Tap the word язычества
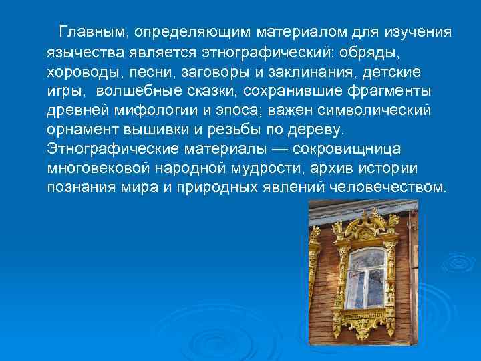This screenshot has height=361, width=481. click(83, 51)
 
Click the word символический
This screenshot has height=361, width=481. click(369, 110)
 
